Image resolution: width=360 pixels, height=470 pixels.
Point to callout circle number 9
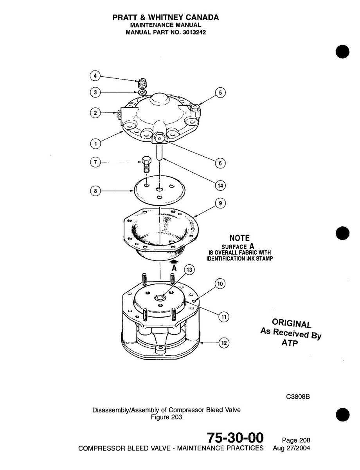click(x=220, y=203)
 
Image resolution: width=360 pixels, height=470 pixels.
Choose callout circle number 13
click(x=189, y=269)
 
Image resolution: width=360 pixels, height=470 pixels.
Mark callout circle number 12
click(x=223, y=343)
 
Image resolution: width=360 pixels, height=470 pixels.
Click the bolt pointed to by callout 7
click(x=145, y=166)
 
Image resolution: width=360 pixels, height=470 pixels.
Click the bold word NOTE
click(x=239, y=238)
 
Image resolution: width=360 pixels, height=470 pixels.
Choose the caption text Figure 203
click(x=166, y=417)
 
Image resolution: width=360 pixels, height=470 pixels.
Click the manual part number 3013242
click(x=196, y=33)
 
